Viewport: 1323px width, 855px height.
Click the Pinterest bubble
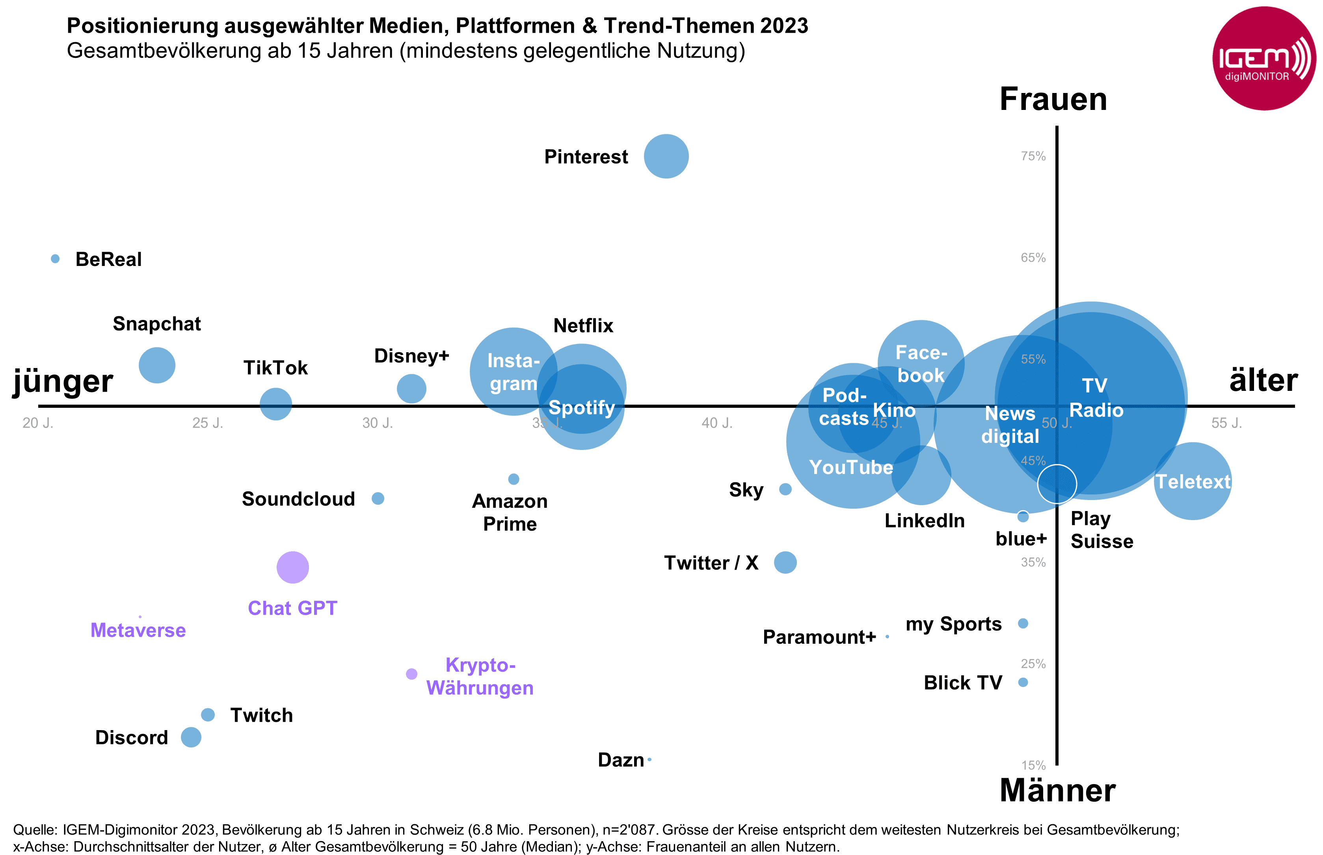pyautogui.click(x=666, y=156)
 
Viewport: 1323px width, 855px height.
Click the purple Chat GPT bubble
pyautogui.click(x=292, y=567)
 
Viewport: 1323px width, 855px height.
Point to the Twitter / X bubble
pyautogui.click(x=785, y=562)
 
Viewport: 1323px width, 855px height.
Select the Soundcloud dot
pyautogui.click(x=378, y=498)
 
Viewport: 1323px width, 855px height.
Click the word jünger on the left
pyautogui.click(x=63, y=381)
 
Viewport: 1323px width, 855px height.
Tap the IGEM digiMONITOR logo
pyautogui.click(x=1263, y=58)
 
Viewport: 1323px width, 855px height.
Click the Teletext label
pyautogui.click(x=1193, y=481)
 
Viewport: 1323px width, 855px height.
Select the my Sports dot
pyautogui.click(x=1023, y=623)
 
